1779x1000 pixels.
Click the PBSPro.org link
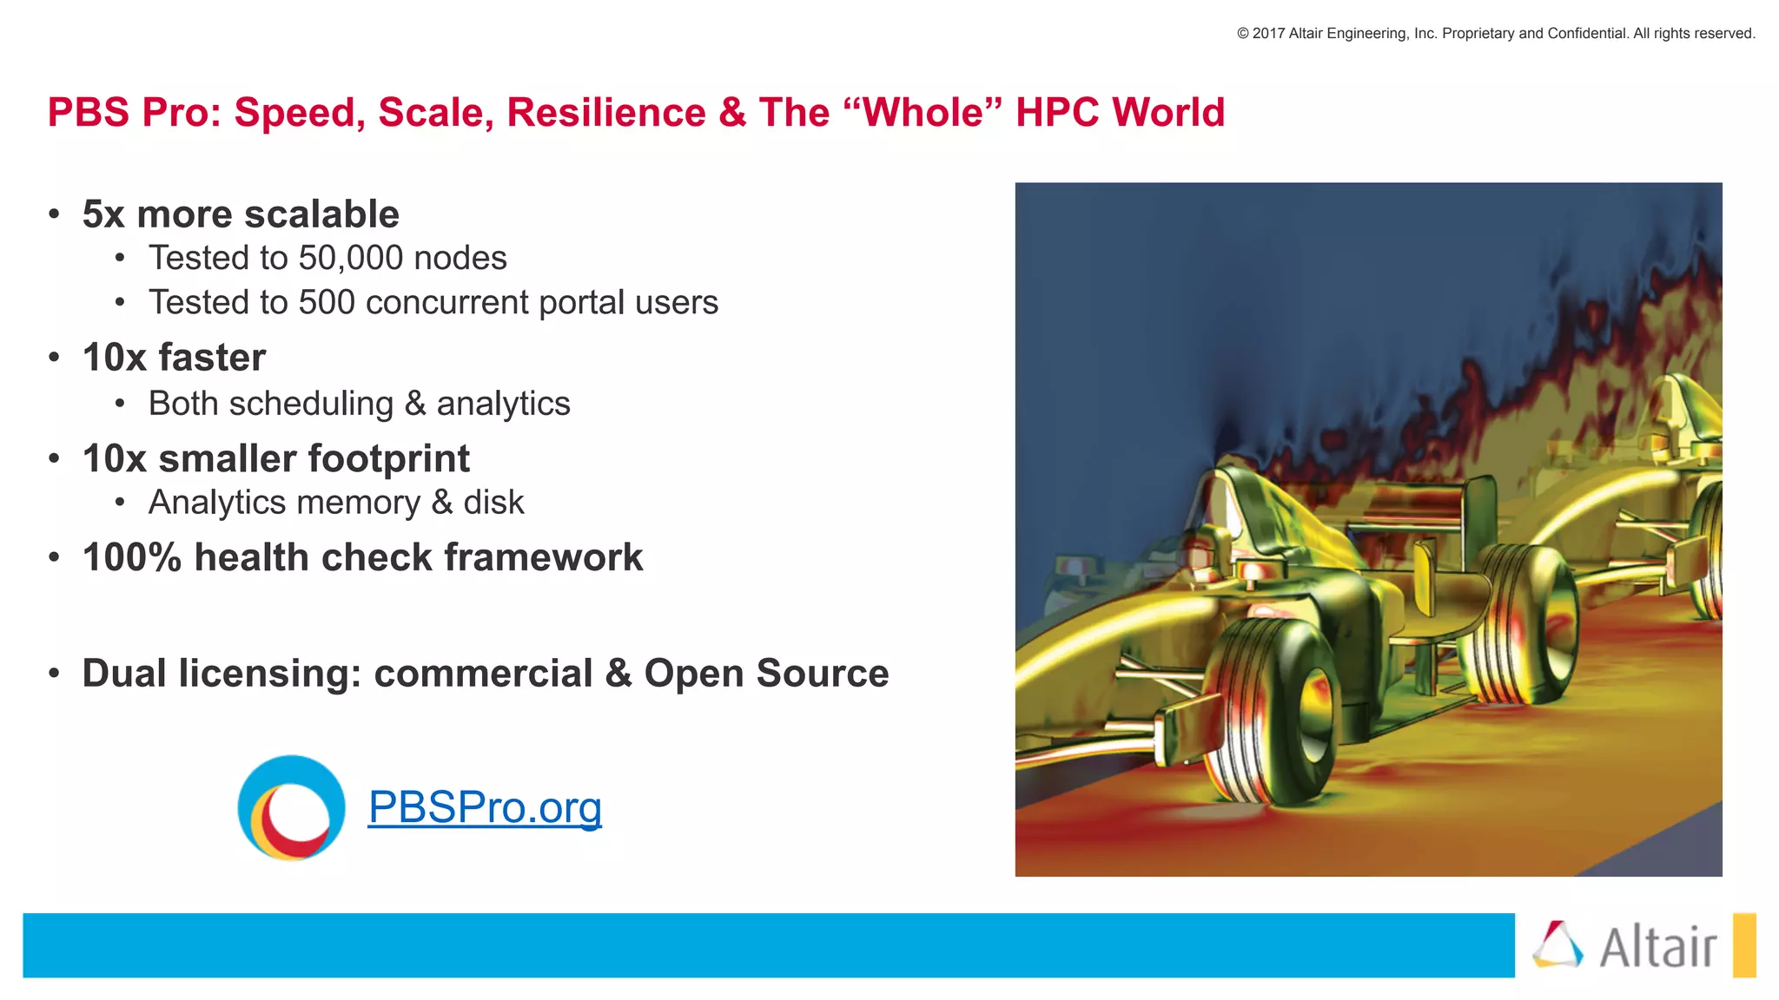click(x=485, y=807)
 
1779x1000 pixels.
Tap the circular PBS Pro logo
click(x=291, y=808)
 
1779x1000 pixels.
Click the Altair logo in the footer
click(x=1624, y=945)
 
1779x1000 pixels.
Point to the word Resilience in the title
click(x=606, y=113)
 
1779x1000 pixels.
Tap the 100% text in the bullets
click(x=131, y=557)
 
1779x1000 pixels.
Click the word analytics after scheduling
click(x=503, y=404)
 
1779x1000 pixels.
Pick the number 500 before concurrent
click(x=327, y=302)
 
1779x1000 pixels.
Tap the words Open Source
click(x=766, y=674)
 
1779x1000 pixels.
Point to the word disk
click(x=493, y=503)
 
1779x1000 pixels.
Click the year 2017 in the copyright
click(x=1268, y=34)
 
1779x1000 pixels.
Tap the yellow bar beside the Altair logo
click(x=1743, y=945)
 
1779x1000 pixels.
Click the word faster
click(x=211, y=358)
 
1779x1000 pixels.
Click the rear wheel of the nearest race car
click(x=1529, y=621)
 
